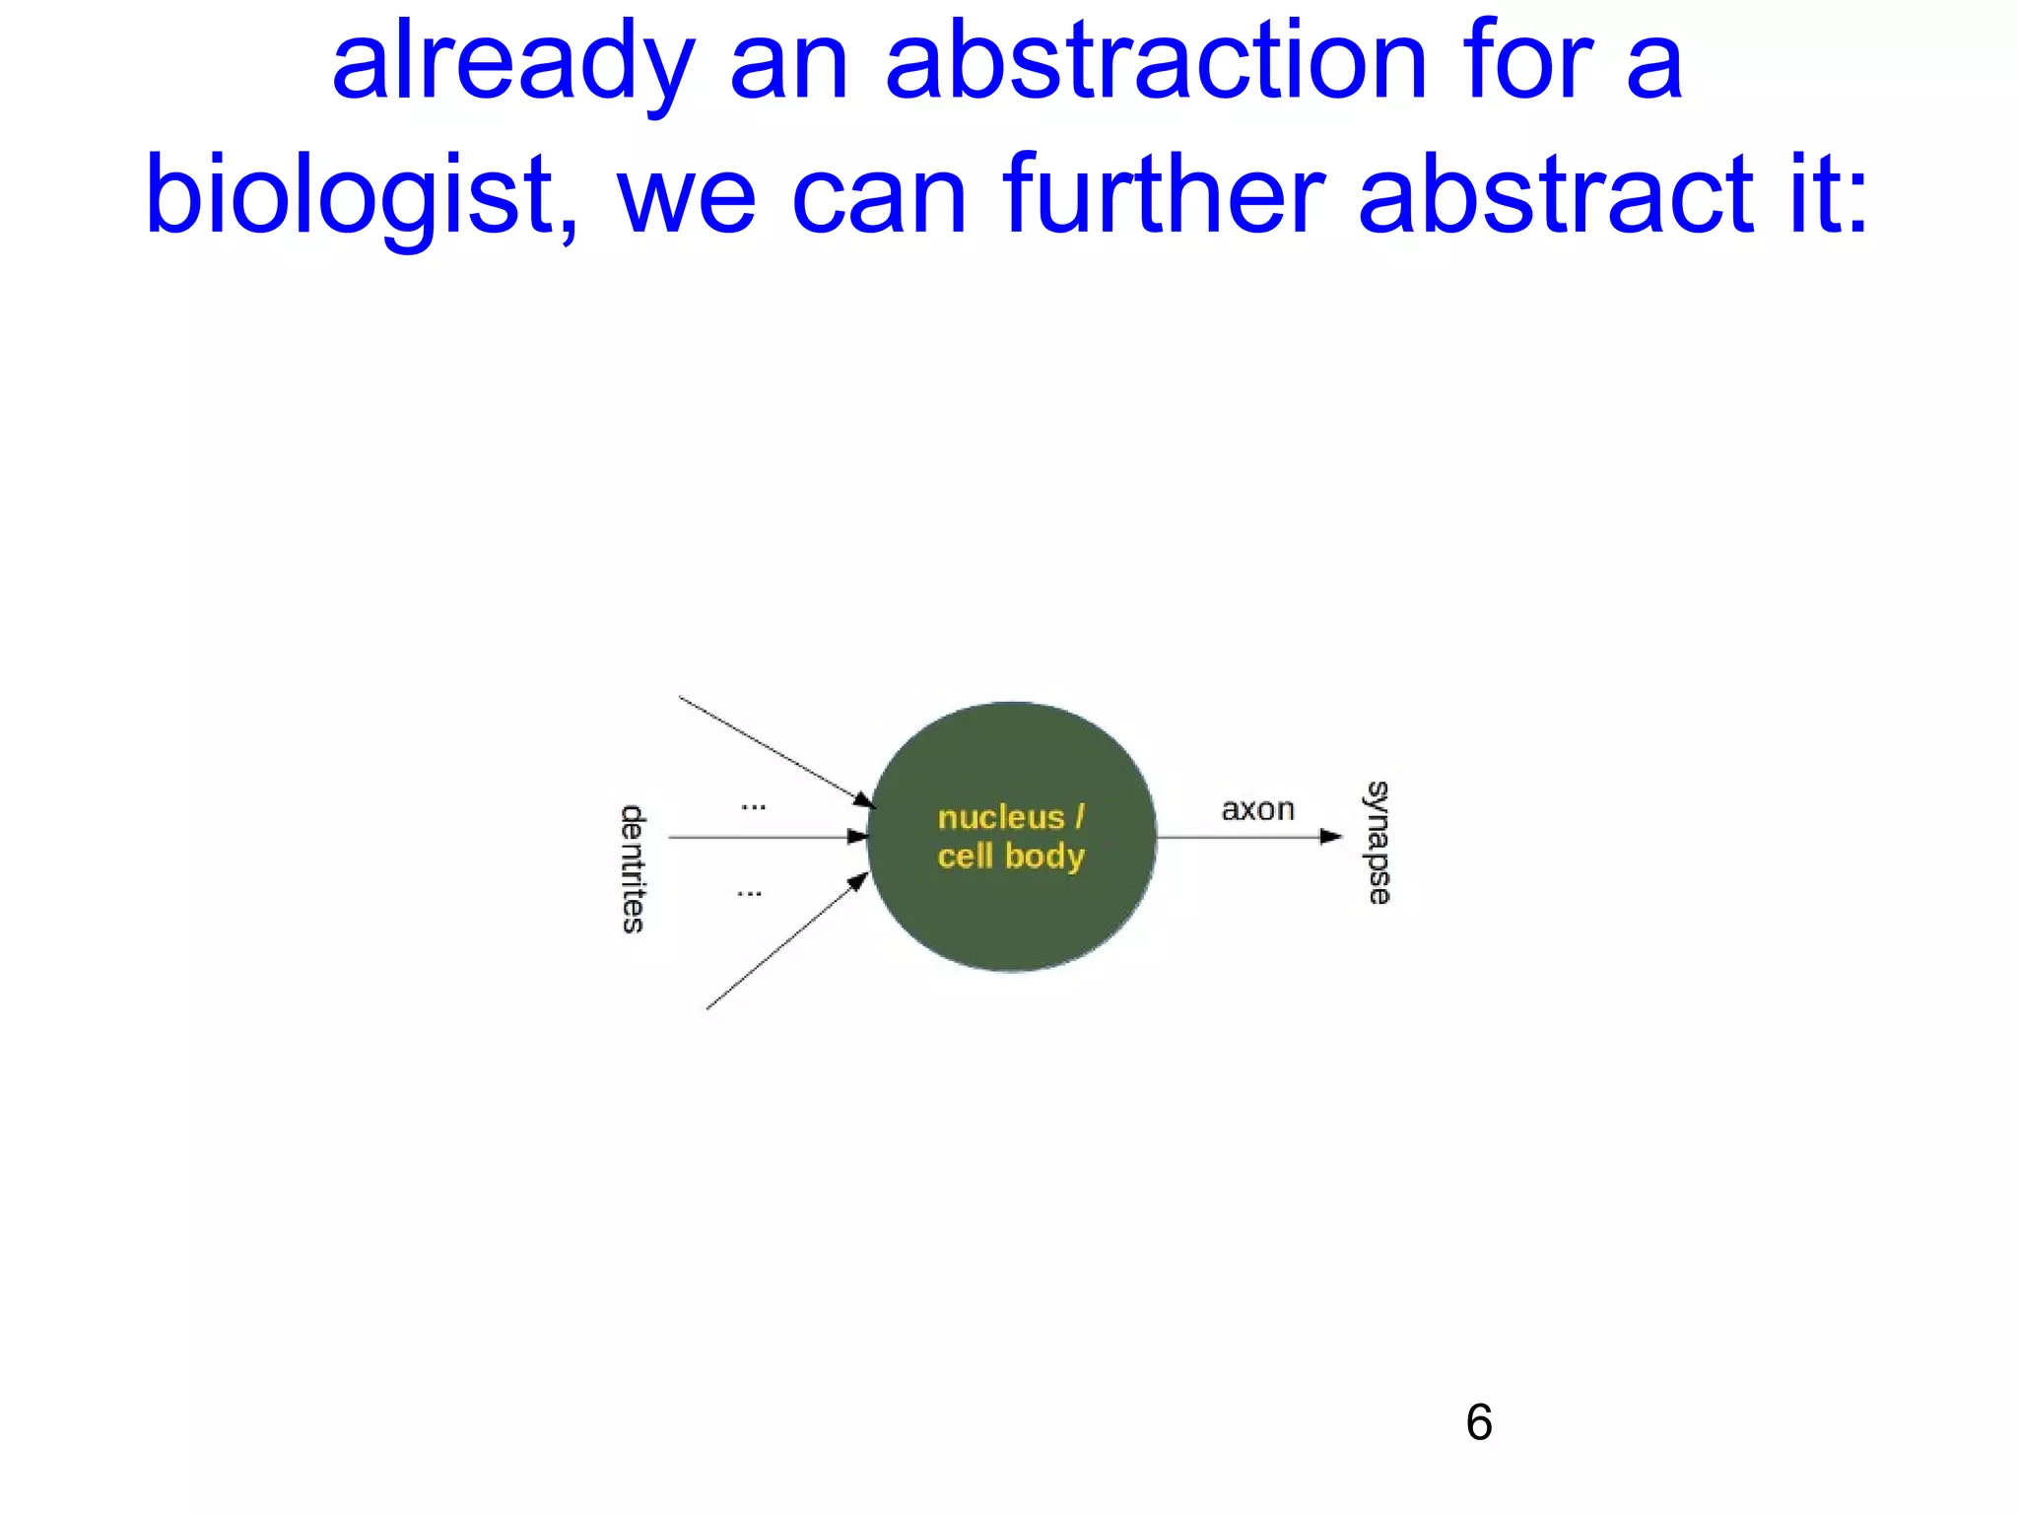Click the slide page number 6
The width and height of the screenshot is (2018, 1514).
coord(1478,1422)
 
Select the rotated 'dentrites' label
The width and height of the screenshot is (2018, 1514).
coord(633,868)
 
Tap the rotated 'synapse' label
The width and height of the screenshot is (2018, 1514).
coord(1378,843)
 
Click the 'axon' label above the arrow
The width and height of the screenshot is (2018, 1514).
coord(1257,809)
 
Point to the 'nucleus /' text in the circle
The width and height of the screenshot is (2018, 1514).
coord(1011,817)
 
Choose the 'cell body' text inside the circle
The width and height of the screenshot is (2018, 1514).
coord(1011,856)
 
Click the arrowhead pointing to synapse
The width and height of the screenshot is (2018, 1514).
coord(1331,837)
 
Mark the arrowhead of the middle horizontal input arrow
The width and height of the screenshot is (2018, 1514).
coord(857,837)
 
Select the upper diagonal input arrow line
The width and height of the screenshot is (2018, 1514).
coord(769,748)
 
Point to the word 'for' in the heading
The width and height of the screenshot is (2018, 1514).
coord(1526,63)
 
